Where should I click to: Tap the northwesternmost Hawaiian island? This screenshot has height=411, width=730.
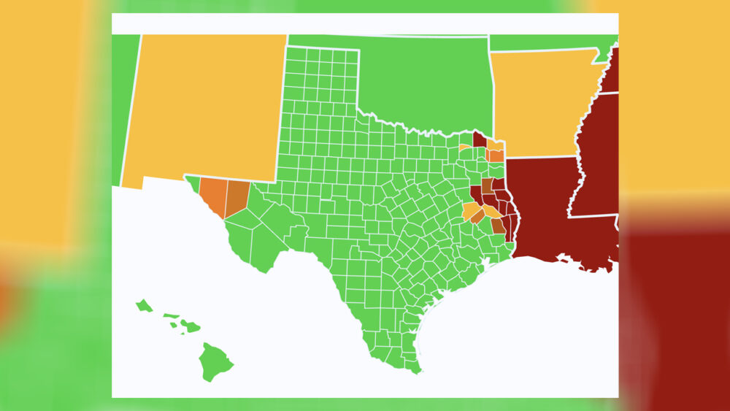[143, 305]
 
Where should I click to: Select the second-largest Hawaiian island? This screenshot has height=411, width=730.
[191, 326]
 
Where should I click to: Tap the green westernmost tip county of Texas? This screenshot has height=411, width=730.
[192, 182]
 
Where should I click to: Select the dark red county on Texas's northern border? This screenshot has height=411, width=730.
[480, 139]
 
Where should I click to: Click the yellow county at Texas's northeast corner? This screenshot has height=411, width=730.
[496, 145]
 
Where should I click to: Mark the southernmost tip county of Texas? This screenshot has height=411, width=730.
[414, 364]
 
